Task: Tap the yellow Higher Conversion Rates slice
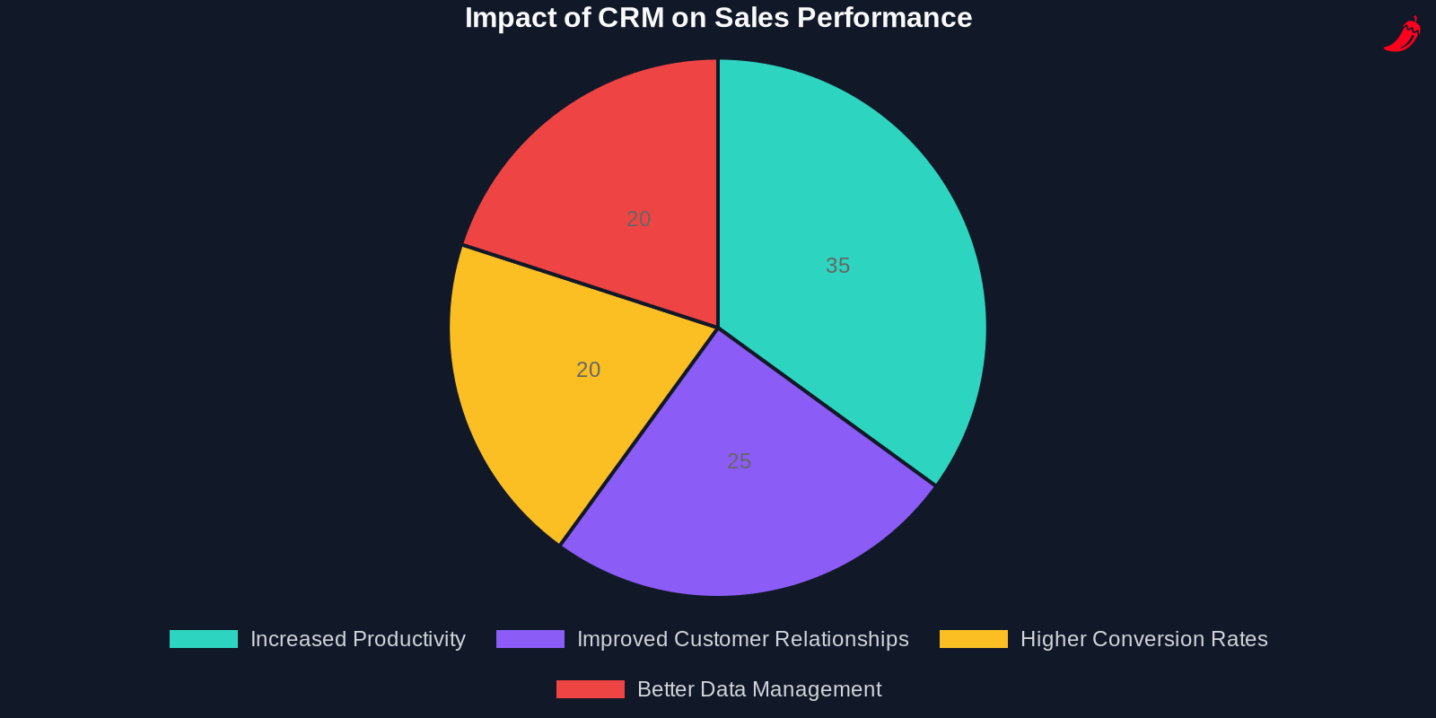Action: tap(538, 395)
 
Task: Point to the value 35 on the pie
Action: tap(837, 266)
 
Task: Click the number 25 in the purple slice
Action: tap(739, 461)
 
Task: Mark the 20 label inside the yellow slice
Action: tap(588, 370)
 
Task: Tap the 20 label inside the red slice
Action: tap(638, 219)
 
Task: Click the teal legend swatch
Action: tap(204, 639)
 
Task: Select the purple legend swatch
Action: tap(530, 639)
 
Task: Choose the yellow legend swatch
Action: tap(974, 639)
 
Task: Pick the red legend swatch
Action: tap(591, 689)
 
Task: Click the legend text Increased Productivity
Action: tap(358, 639)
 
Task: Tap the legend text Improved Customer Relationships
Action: tap(743, 639)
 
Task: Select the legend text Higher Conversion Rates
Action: tap(1144, 639)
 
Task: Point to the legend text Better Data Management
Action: tap(759, 689)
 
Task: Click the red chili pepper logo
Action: tap(1402, 34)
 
